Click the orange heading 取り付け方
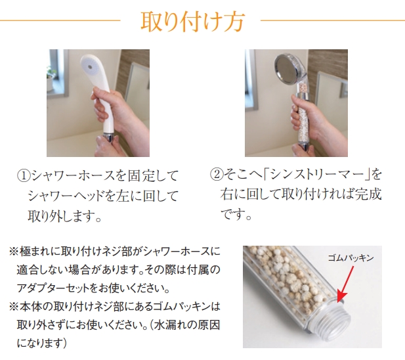(192, 22)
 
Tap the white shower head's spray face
(89, 66)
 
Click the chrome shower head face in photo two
(286, 67)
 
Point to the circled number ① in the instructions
(24, 175)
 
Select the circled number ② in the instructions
(217, 174)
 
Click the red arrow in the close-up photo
(345, 284)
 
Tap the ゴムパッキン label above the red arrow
(351, 258)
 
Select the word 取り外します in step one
(60, 216)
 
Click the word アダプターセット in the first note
(53, 288)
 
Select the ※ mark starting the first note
(13, 251)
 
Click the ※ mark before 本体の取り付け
(13, 307)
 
